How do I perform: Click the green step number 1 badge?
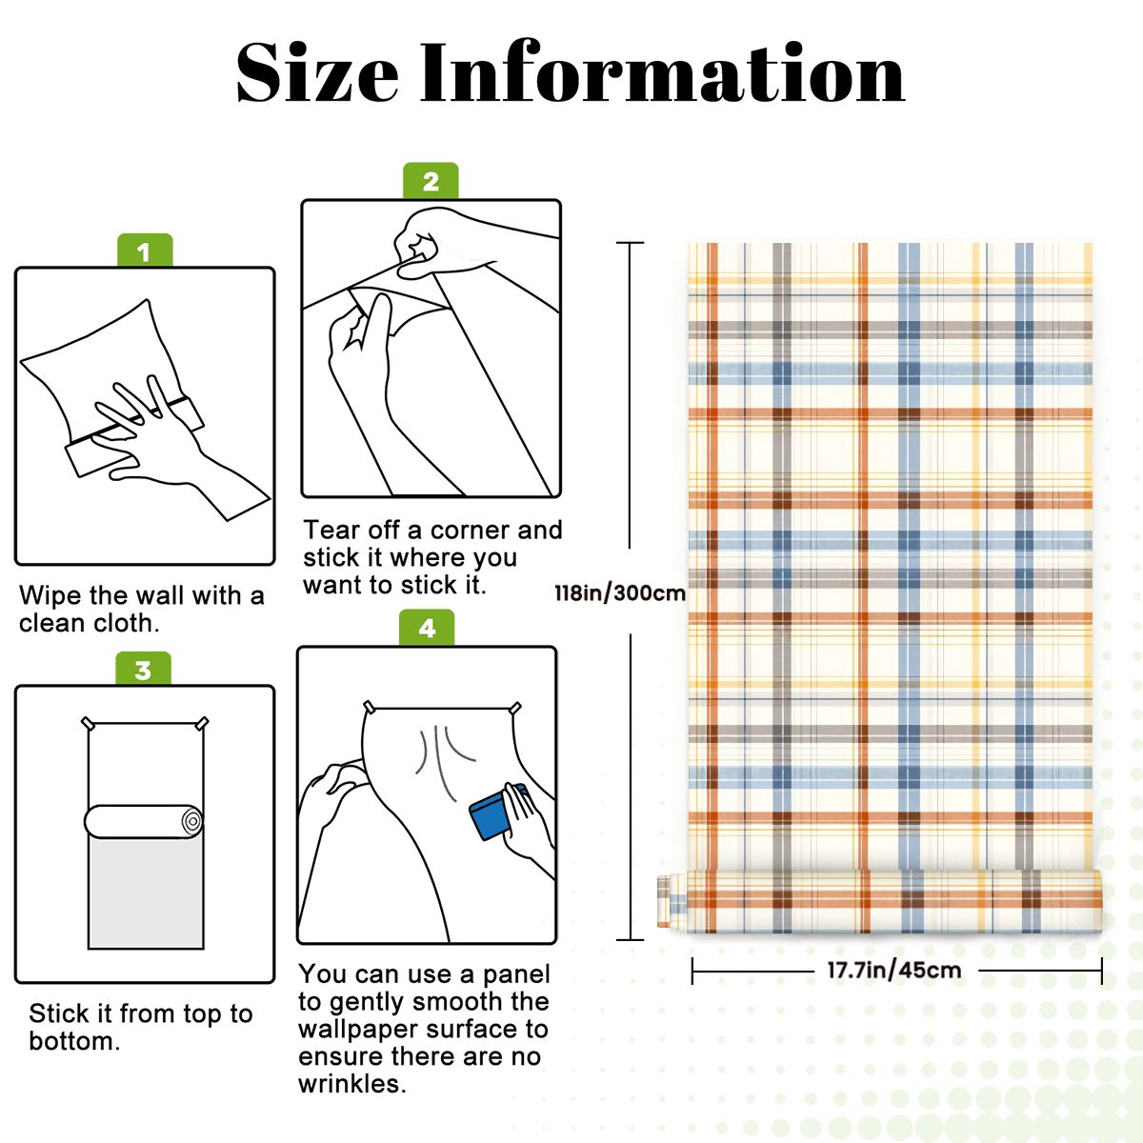(x=145, y=251)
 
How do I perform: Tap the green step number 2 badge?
(x=431, y=180)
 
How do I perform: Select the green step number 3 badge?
(x=143, y=669)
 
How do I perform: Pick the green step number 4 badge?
(x=427, y=628)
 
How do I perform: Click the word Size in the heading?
(x=317, y=74)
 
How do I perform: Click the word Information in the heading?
(x=663, y=74)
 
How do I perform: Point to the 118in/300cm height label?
(x=620, y=592)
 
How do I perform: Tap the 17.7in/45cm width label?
(x=893, y=970)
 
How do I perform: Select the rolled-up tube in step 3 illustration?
(x=144, y=821)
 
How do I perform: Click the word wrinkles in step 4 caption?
(x=351, y=1084)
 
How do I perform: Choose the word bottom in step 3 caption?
(x=74, y=1042)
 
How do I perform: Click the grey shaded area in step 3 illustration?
(x=146, y=893)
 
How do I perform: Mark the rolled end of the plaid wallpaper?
(x=671, y=901)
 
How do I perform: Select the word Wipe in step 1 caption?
(x=50, y=595)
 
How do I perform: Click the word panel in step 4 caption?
(x=516, y=974)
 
